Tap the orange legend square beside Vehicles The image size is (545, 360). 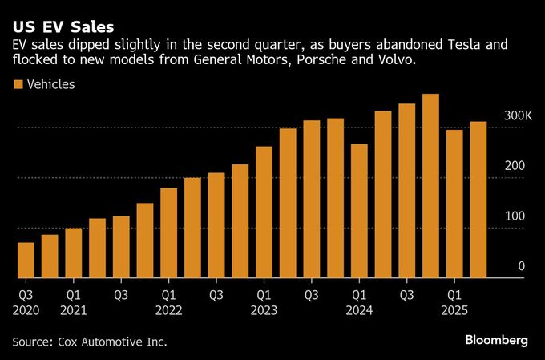[x=17, y=84]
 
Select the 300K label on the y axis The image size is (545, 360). [x=518, y=116]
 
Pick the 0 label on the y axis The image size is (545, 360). [x=521, y=266]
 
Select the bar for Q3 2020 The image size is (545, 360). [x=26, y=261]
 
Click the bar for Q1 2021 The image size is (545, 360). [x=74, y=253]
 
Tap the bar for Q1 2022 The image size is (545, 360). [x=168, y=233]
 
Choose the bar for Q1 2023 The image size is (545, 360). [x=264, y=212]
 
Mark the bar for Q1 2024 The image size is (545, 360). [x=359, y=212]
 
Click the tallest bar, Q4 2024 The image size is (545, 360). [x=430, y=186]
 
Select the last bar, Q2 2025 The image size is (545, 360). [x=478, y=200]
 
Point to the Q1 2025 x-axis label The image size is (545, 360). [x=454, y=302]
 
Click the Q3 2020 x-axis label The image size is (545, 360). [x=26, y=302]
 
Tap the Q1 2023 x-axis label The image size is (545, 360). [x=264, y=302]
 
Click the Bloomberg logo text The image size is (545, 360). [x=496, y=341]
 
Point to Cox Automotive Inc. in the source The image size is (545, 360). [x=113, y=342]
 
